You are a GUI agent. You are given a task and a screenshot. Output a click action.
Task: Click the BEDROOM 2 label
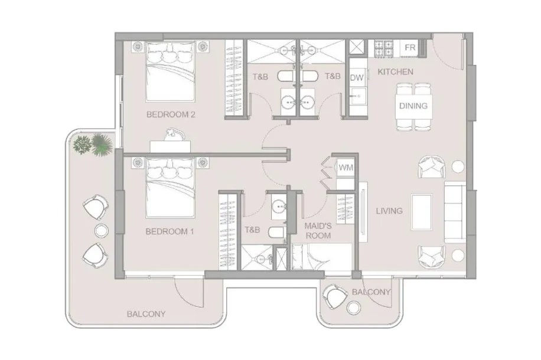171,114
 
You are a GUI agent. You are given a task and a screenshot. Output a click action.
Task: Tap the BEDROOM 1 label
170,231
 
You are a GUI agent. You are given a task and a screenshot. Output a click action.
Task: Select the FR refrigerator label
410,47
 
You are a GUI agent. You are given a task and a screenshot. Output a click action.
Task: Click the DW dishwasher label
356,77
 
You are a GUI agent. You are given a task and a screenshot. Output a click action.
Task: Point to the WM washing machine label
346,168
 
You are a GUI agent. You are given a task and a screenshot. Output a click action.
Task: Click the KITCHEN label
395,72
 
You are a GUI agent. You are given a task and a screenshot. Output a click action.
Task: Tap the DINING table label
413,106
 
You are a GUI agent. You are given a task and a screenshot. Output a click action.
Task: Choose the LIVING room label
389,211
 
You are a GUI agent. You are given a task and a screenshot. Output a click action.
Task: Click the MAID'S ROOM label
318,231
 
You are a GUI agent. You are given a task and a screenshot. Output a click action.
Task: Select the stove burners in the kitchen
384,48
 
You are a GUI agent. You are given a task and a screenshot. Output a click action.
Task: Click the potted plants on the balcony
93,145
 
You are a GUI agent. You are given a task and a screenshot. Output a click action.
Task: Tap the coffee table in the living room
422,212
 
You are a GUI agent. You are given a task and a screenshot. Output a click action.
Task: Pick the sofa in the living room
455,212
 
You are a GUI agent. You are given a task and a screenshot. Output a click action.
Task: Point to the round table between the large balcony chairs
102,231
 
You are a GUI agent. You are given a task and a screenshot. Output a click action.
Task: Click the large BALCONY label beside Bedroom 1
146,314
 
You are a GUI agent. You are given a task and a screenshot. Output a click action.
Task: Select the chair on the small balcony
335,296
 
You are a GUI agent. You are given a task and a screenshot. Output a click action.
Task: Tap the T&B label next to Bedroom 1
252,230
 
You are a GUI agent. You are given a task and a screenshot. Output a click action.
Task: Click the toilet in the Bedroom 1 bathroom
277,233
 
